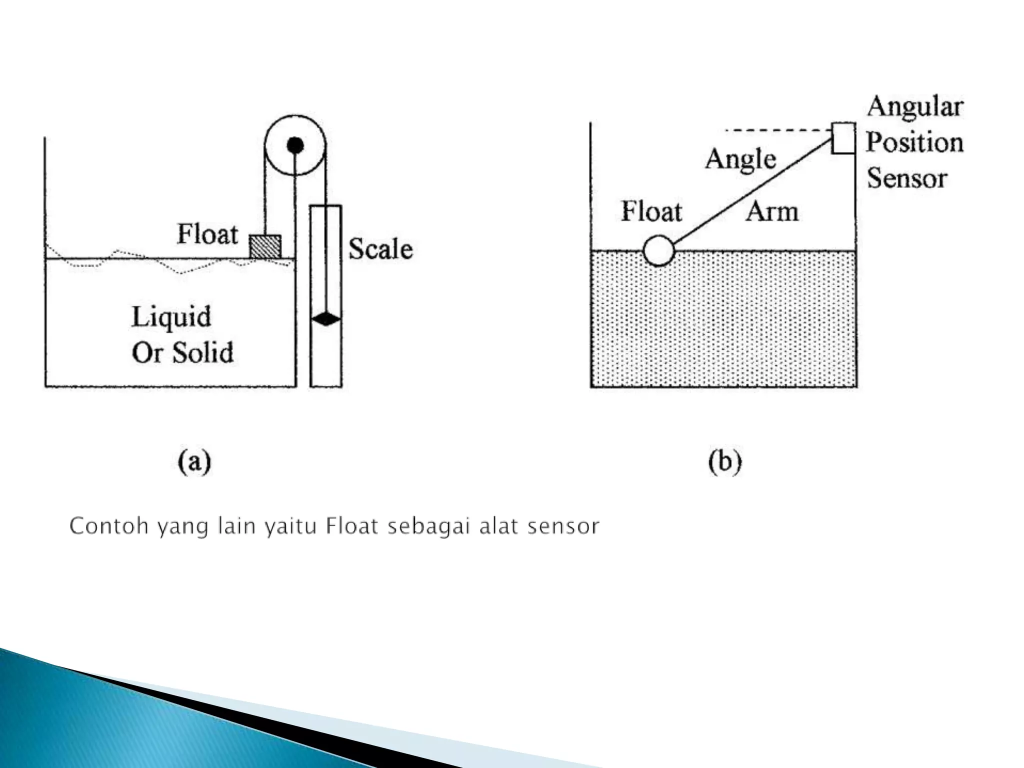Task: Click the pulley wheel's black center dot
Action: (295, 145)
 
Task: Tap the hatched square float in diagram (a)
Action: (265, 246)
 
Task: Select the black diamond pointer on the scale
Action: (326, 318)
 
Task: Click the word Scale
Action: (380, 249)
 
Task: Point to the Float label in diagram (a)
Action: (207, 234)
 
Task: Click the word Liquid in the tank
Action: (171, 317)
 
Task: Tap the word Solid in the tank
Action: (203, 352)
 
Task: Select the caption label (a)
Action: (194, 462)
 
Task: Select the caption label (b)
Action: (724, 462)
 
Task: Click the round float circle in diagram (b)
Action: (659, 250)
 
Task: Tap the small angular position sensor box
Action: (843, 137)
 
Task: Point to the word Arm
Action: (772, 211)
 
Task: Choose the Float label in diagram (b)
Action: (651, 211)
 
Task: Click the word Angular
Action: (915, 107)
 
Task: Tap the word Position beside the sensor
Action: (914, 142)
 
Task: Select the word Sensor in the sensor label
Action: (907, 178)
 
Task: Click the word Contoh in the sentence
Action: (109, 526)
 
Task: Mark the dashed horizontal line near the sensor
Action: (777, 130)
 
